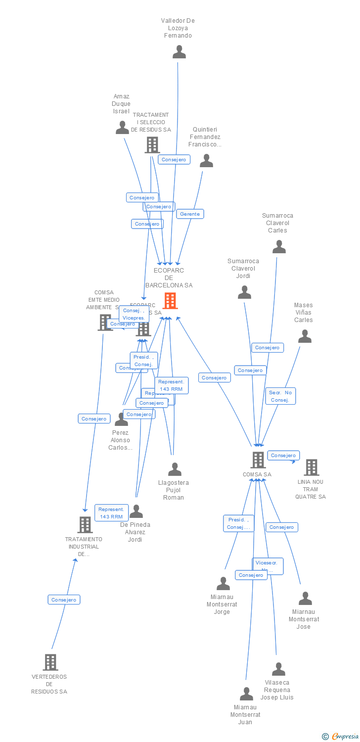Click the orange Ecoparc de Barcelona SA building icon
coord(170,300)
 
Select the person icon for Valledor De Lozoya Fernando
coord(179,52)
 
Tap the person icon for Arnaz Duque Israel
coord(122,128)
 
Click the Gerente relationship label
coord(190,214)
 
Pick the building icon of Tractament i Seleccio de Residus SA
coord(152,145)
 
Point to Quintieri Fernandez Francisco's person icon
coord(206,161)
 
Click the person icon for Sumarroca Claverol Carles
coord(279,247)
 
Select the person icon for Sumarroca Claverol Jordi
coord(244,292)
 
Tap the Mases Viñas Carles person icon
coord(305,336)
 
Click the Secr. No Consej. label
coord(280,396)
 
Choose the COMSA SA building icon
coord(258,460)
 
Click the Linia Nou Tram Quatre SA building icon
coord(311,467)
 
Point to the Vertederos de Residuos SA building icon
coord(50,662)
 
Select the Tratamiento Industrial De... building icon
coord(85,525)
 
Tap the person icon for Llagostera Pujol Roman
coord(175,469)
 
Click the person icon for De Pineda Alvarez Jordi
coord(136,511)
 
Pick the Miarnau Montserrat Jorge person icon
coord(223,584)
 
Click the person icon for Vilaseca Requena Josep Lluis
coord(278,669)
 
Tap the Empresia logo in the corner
coord(340,737)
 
